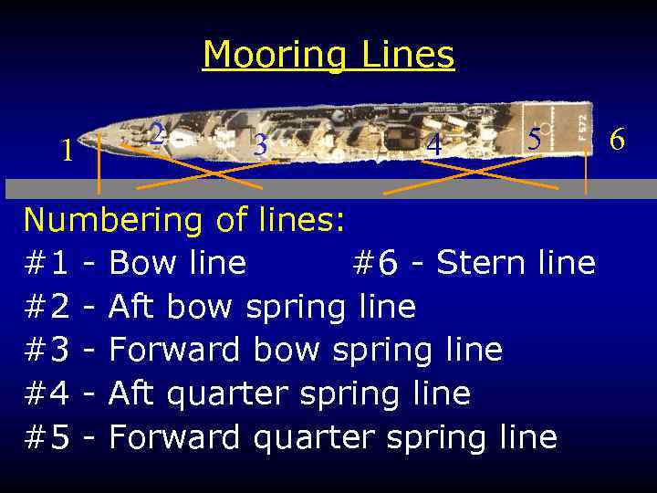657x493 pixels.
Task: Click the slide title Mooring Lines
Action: coord(328,55)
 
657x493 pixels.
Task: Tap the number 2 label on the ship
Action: coord(157,134)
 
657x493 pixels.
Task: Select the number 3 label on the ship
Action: coord(261,145)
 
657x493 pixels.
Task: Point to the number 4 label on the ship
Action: coord(434,145)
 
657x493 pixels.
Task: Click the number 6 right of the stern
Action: coord(617,140)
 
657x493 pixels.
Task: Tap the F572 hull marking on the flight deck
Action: coord(582,122)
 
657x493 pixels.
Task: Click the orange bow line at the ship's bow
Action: coord(99,164)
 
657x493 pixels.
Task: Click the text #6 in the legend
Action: coord(374,264)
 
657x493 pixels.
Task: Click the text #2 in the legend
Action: coord(47,307)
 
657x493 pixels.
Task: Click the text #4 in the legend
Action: coord(47,393)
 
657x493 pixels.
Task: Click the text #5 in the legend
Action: coord(47,437)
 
